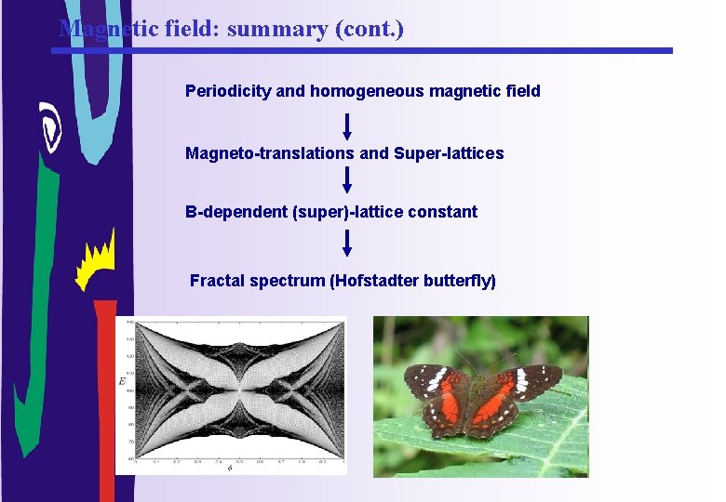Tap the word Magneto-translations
point(270,153)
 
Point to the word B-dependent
point(236,212)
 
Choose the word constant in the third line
point(443,212)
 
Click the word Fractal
point(216,281)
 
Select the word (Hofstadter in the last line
point(374,281)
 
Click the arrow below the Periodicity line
point(347,125)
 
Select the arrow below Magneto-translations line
point(347,180)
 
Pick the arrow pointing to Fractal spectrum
point(347,244)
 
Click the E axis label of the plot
point(122,381)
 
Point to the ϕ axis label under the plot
point(230,467)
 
